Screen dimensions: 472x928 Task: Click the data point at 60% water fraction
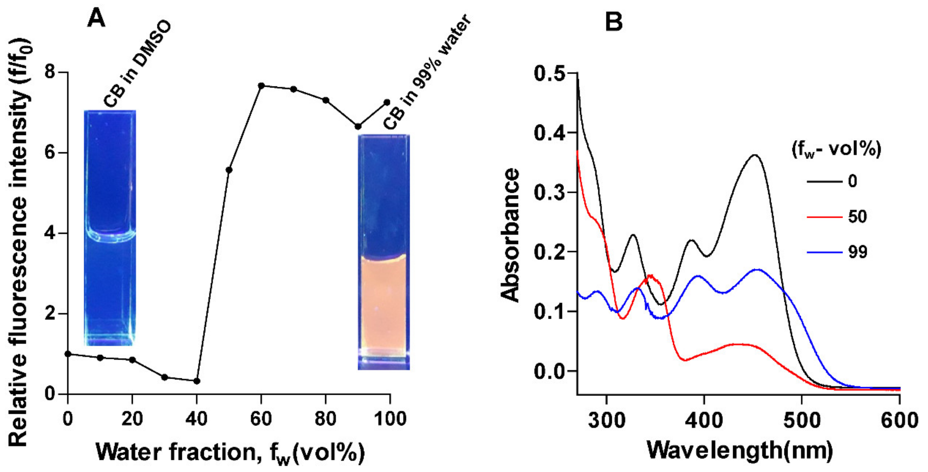pos(261,86)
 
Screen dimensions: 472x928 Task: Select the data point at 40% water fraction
pos(197,381)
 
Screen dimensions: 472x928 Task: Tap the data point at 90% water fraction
pos(358,126)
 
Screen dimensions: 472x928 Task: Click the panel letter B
pos(614,22)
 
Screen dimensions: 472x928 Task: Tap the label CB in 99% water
pos(427,72)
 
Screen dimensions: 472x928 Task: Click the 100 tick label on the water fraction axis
pos(390,419)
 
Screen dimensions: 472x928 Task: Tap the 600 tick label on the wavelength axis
pos(899,421)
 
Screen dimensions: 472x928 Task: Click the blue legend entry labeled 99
pos(857,252)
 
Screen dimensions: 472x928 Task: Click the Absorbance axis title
pos(511,236)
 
